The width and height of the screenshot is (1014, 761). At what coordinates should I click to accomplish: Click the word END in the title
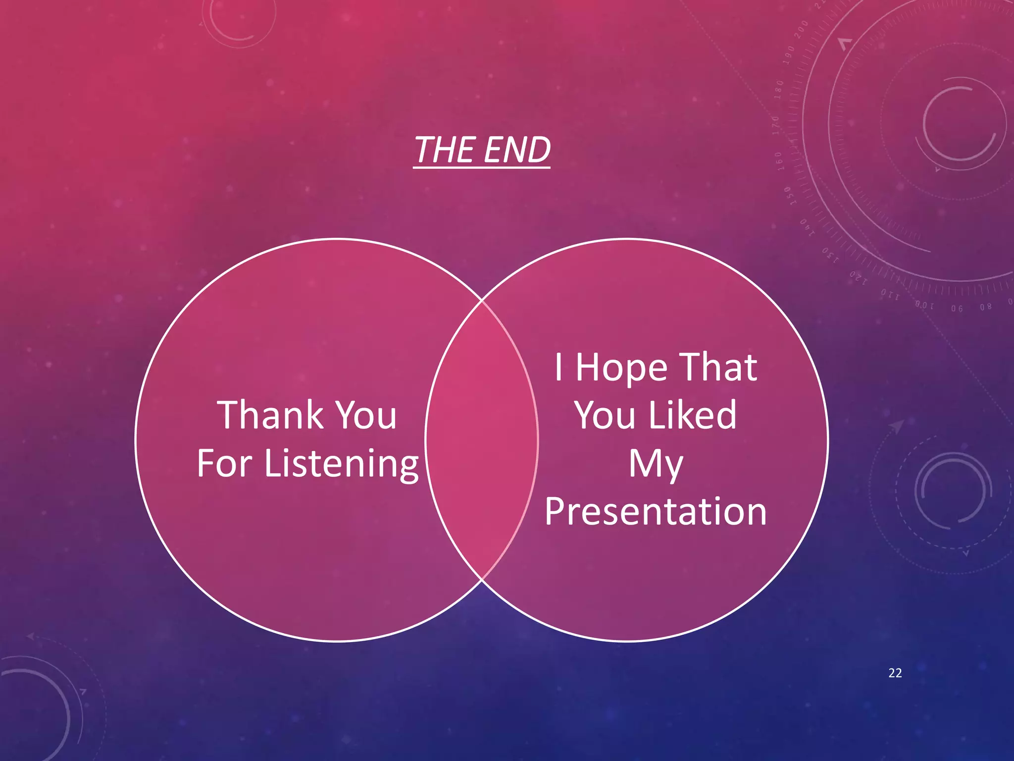click(517, 150)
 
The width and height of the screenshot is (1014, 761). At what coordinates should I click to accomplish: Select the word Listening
click(342, 464)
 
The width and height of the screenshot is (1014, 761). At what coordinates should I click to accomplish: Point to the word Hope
click(621, 368)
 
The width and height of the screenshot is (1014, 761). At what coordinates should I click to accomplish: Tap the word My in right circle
click(656, 464)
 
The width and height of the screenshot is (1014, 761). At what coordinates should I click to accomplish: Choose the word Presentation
click(656, 511)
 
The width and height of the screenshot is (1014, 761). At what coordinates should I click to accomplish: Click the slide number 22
click(895, 673)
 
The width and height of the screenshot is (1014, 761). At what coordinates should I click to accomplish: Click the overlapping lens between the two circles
click(482, 440)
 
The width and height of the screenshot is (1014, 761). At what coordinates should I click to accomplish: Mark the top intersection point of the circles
click(482, 300)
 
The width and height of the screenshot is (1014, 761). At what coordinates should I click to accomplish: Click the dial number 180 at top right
click(779, 90)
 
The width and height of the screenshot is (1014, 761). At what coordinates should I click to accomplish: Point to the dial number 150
click(790, 196)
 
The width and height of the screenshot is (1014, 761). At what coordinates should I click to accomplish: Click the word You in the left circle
click(365, 415)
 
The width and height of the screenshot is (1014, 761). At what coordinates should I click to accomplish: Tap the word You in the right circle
click(605, 415)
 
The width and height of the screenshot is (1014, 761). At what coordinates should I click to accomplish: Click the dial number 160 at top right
click(779, 161)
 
